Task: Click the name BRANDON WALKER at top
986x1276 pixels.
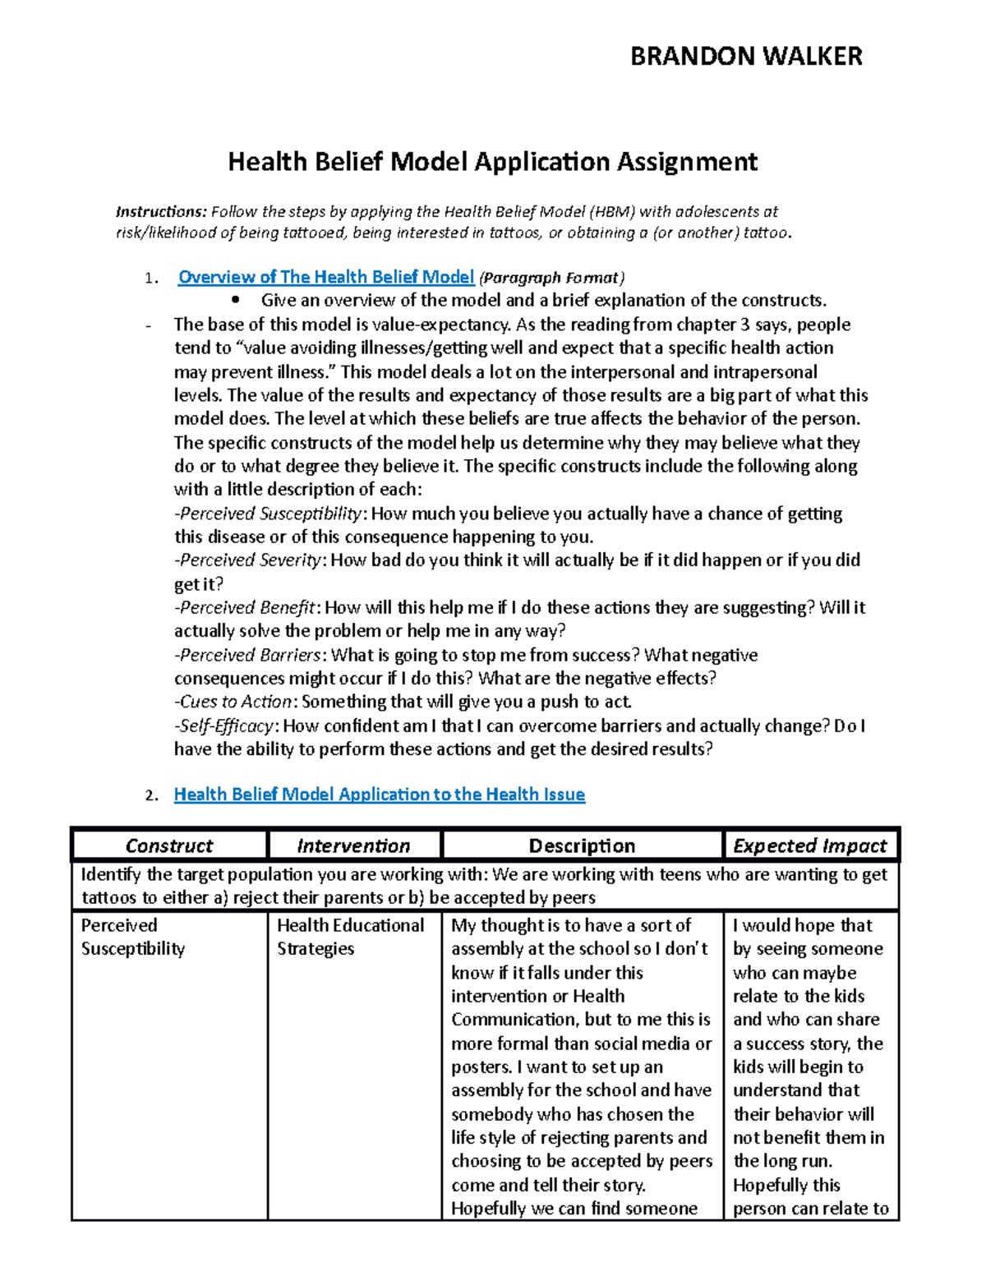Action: point(745,56)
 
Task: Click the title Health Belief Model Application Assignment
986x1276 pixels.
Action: point(492,161)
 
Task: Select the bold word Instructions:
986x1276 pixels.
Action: point(161,212)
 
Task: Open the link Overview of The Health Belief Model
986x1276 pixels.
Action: point(326,277)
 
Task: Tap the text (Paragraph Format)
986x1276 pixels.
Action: point(552,278)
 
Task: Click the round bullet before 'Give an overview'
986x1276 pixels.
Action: point(237,300)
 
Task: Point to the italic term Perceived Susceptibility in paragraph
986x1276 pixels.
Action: point(270,514)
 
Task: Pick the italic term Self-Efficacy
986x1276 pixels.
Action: point(226,726)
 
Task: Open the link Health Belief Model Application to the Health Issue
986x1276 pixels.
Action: point(379,795)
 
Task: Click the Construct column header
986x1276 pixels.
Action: point(168,845)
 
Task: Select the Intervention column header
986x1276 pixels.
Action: point(353,845)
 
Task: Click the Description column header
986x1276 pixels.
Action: point(582,845)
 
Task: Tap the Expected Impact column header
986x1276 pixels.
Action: point(809,845)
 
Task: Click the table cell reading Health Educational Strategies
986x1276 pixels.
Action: point(350,937)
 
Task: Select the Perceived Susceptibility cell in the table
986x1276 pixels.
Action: point(133,937)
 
